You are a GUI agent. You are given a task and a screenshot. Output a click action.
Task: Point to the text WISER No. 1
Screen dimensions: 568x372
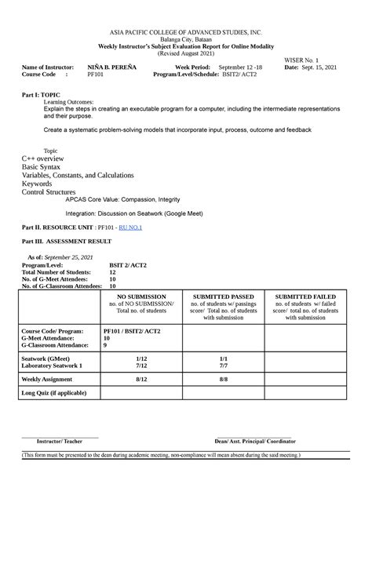(307, 60)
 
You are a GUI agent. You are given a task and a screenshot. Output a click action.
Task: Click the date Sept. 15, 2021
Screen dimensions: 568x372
(321, 67)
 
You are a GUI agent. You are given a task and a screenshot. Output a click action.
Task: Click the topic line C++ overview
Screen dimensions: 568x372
(48, 158)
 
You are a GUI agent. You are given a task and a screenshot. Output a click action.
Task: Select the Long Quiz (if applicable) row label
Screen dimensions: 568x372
(53, 392)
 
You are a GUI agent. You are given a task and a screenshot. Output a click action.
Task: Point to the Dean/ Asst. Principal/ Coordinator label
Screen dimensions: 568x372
(253, 442)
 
